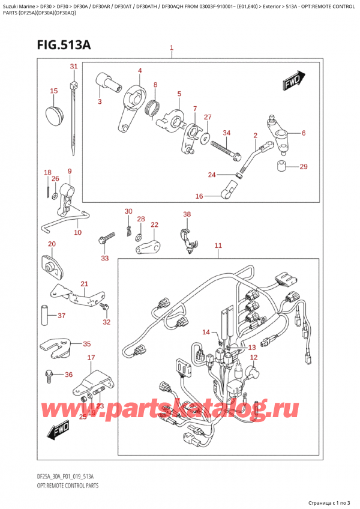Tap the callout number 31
click(73, 66)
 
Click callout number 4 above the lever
click(139, 71)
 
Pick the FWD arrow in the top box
click(292, 80)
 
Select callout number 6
click(304, 133)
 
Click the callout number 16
click(199, 196)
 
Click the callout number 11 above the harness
click(218, 245)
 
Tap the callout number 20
click(51, 244)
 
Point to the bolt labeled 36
click(49, 377)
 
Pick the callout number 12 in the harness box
click(253, 358)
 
